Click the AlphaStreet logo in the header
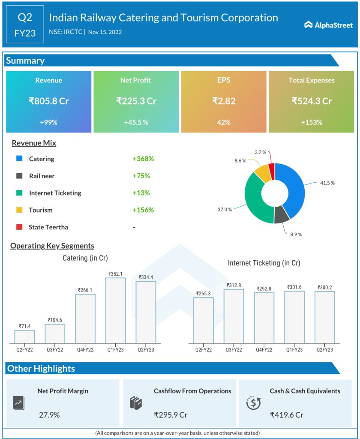328,25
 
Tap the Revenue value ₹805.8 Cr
48,101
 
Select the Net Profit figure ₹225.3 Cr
135,101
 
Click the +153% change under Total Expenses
311,122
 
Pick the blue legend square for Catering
19,159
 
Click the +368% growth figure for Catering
143,159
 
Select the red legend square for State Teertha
19,227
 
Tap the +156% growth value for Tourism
143,210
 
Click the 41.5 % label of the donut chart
327,183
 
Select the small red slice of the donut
271,166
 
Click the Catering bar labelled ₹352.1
116,310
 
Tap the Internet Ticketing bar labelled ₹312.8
234,316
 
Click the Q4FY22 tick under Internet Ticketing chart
264,350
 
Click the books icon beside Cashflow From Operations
135,403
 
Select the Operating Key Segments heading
52,246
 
